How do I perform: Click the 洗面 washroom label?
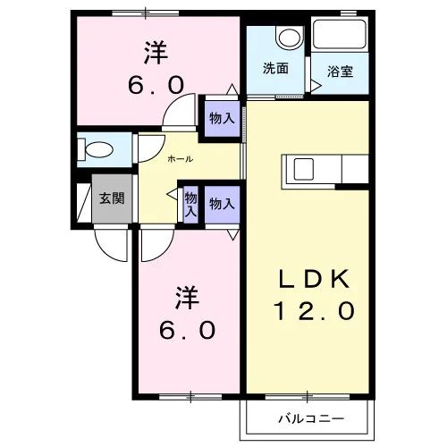275,68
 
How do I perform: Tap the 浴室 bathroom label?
340,72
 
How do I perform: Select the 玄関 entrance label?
112,198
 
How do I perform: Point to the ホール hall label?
181,159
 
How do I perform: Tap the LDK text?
314,279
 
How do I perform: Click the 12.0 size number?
315,311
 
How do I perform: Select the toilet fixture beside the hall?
96,148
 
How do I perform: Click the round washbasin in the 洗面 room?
290,38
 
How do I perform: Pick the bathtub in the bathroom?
340,34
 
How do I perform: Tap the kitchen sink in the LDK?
304,169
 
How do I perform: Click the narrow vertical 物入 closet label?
190,205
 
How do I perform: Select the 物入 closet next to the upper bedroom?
222,119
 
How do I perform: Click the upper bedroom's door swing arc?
172,105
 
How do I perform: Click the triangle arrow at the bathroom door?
316,86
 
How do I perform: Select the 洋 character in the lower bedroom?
187,298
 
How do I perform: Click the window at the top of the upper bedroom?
146,13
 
